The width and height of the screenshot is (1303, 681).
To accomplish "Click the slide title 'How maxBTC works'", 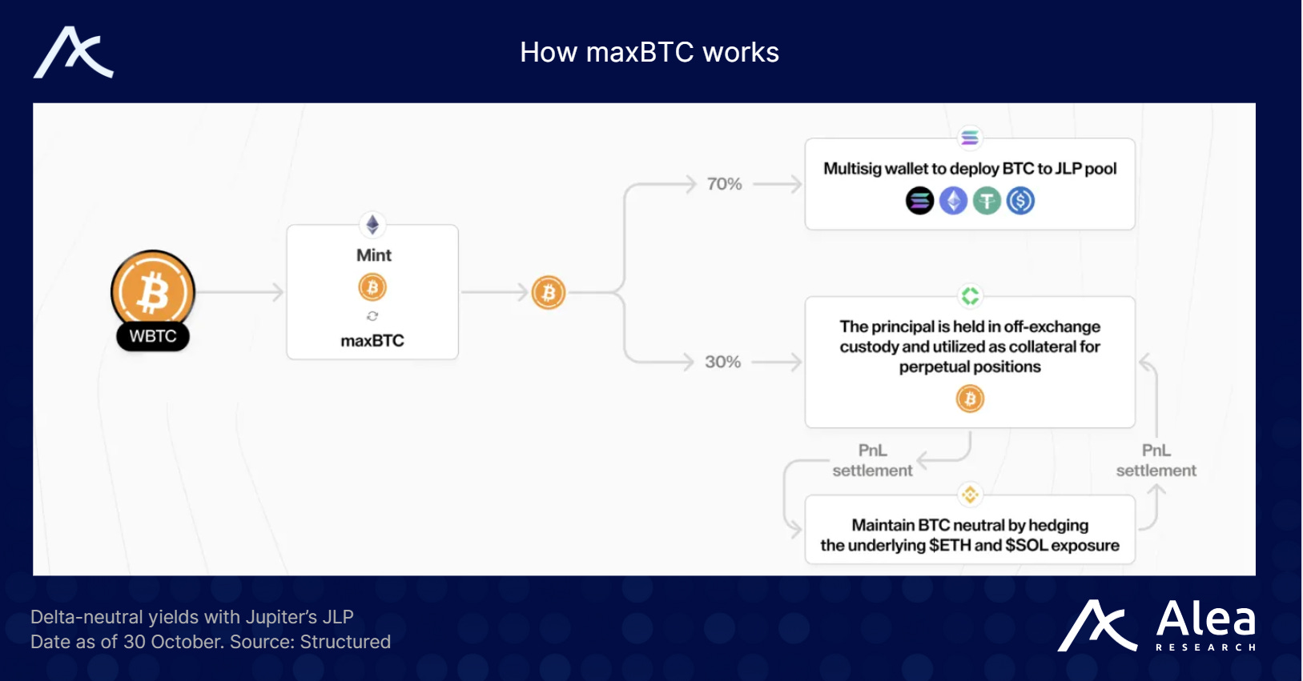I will pos(649,53).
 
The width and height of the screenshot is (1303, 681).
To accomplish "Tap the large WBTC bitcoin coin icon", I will pos(153,291).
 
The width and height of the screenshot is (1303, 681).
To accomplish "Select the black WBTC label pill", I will pos(153,336).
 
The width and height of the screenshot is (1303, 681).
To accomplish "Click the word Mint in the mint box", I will pos(373,255).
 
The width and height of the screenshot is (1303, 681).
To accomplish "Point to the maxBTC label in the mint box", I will pos(372,341).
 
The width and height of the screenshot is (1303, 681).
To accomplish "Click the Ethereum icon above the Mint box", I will pos(372,225).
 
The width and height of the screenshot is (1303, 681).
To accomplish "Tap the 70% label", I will pos(724,184).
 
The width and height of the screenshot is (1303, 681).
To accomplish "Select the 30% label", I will pos(722,362).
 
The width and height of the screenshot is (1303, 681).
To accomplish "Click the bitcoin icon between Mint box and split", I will pos(549,293).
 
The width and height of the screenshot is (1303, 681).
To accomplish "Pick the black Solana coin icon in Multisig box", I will pos(919,200).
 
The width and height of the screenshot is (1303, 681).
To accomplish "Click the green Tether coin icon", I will pos(987,200).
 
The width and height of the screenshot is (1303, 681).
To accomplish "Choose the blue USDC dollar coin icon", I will pos(1020,200).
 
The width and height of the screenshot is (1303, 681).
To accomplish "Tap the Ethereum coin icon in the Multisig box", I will pos(953,200).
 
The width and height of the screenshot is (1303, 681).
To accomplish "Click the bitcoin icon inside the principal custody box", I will pos(970,399).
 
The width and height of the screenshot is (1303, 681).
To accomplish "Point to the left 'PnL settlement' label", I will pos(872,460).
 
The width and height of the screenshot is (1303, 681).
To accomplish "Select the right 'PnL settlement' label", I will pos(1156,460).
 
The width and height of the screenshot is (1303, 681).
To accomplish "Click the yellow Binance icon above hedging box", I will pos(970,495).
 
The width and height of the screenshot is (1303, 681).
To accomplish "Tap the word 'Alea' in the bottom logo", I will pos(1205,619).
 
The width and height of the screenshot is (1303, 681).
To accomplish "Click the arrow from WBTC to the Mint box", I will pos(239,292).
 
